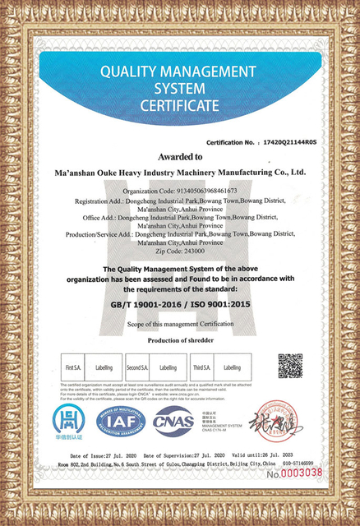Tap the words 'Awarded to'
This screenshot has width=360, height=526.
tap(181, 156)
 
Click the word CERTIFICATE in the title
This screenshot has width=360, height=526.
tap(179, 105)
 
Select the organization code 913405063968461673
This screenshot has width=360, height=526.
tap(197, 190)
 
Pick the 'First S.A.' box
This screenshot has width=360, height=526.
tap(72, 367)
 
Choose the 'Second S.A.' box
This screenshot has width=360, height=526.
tap(137, 367)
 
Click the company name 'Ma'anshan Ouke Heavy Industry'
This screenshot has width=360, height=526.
tap(132, 173)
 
